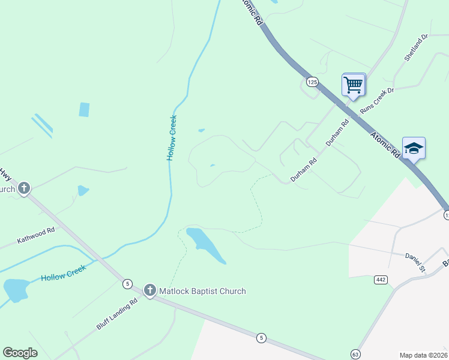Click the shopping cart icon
pyautogui.click(x=354, y=84)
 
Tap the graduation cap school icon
pyautogui.click(x=414, y=148)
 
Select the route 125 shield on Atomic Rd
pyautogui.click(x=312, y=82)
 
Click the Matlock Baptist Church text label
pyautogui.click(x=202, y=292)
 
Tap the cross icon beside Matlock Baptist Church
pyautogui.click(x=150, y=292)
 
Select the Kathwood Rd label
pyautogui.click(x=36, y=234)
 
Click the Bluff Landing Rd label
pyautogui.click(x=117, y=314)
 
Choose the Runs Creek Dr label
pyautogui.click(x=376, y=101)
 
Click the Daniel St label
pyautogui.click(x=415, y=262)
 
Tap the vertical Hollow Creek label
pyautogui.click(x=172, y=137)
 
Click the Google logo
pyautogui.click(x=20, y=353)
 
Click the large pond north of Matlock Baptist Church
pyautogui.click(x=204, y=243)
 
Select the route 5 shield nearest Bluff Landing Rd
pyautogui.click(x=127, y=283)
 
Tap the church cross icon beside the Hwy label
pyautogui.click(x=23, y=189)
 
